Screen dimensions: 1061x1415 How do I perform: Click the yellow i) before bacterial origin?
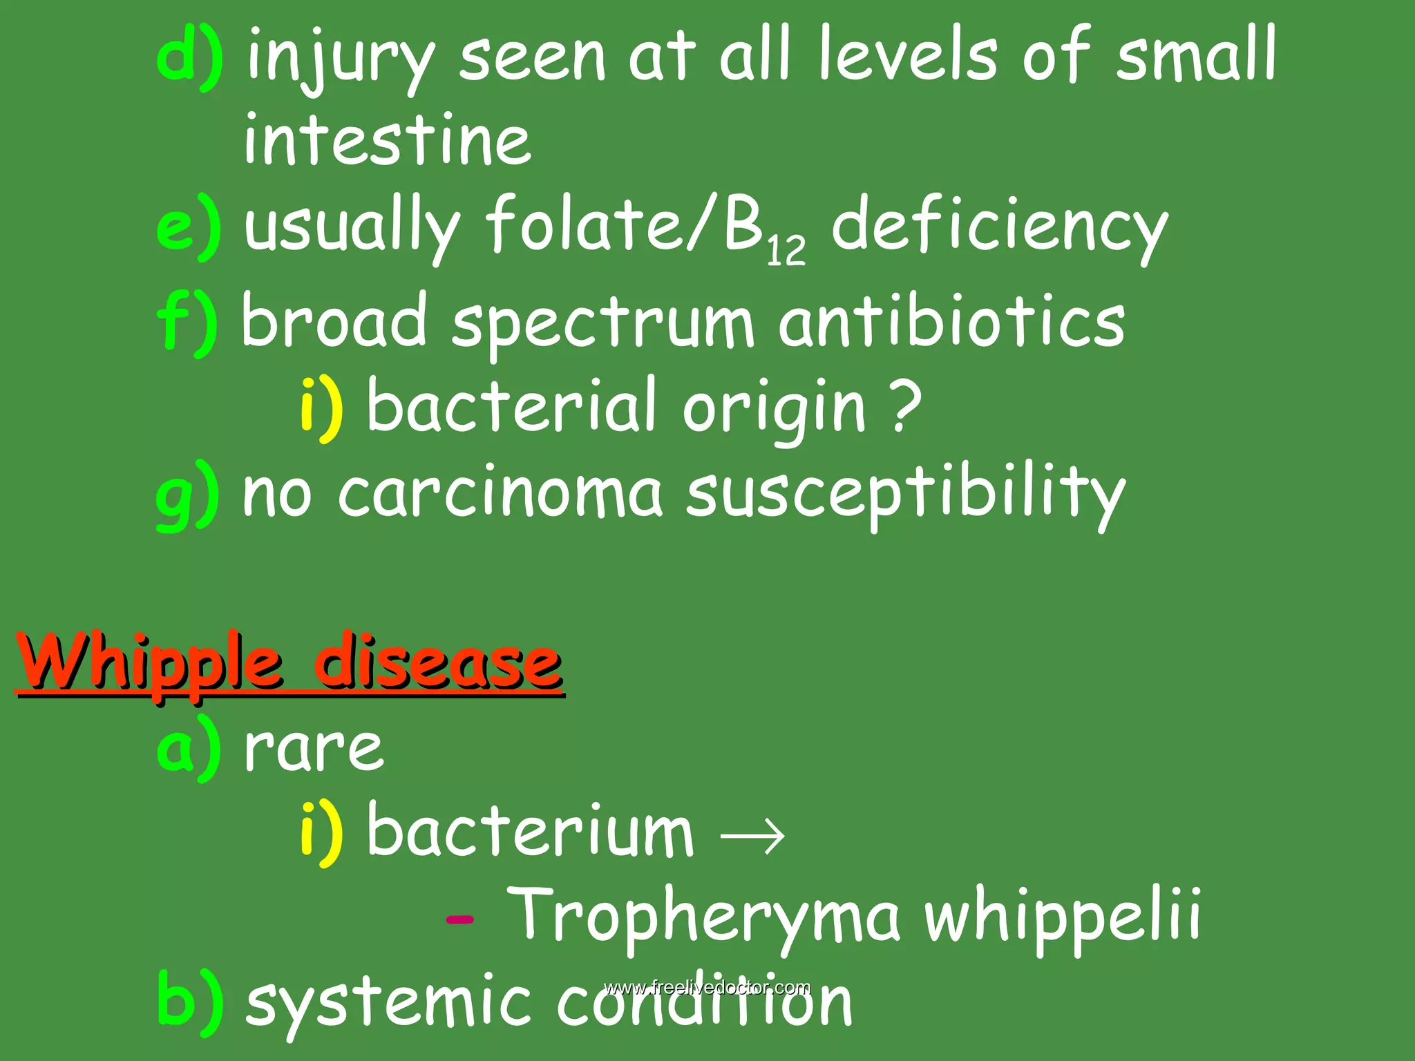tap(321, 408)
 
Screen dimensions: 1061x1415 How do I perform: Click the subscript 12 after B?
tap(786, 251)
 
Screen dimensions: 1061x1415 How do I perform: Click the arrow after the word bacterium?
tap(752, 835)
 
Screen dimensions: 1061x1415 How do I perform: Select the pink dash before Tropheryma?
tap(460, 919)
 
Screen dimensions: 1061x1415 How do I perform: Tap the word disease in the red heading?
tap(438, 663)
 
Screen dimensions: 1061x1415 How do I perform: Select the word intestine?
tap(388, 140)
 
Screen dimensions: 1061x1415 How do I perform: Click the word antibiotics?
tap(952, 321)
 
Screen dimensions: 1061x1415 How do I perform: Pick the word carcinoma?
tap(500, 493)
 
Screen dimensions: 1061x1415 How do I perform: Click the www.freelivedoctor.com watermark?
tap(707, 987)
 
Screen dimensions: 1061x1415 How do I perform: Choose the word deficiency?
tap(999, 228)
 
